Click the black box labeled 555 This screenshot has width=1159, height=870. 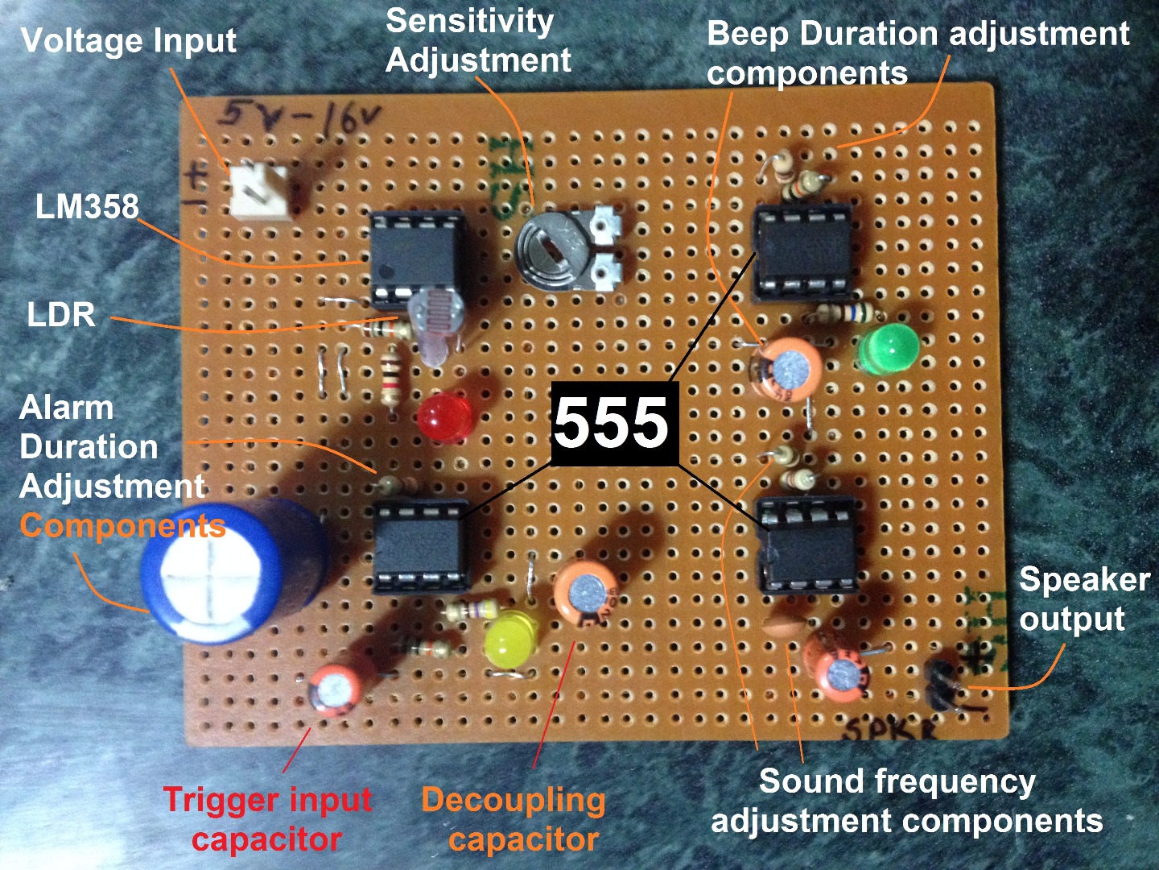(x=612, y=424)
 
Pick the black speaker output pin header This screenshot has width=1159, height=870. (x=942, y=685)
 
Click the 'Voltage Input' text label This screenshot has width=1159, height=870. (x=129, y=40)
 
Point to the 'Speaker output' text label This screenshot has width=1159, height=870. (x=1083, y=599)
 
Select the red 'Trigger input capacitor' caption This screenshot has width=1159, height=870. (x=267, y=818)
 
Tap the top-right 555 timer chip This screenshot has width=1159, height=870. (x=802, y=251)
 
